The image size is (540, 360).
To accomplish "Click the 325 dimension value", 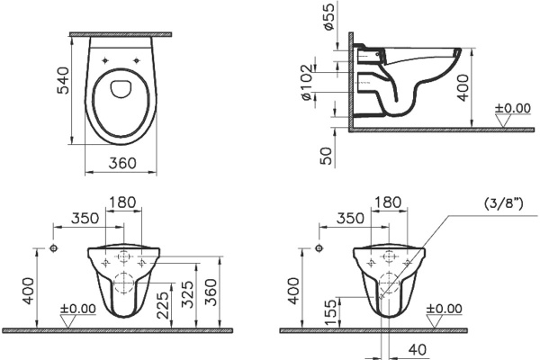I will point(187,292).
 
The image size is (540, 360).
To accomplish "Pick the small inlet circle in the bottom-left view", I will point(55,247).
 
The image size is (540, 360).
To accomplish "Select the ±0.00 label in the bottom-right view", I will point(445,309).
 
